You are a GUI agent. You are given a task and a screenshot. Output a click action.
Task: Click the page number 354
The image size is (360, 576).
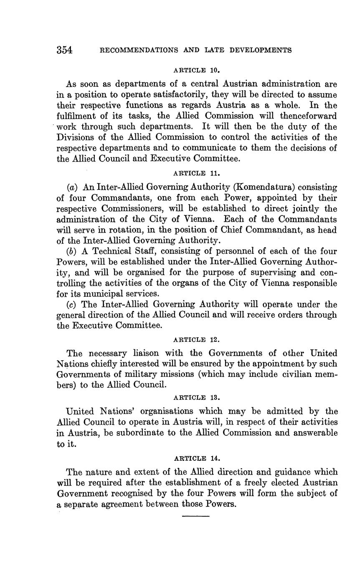(65, 50)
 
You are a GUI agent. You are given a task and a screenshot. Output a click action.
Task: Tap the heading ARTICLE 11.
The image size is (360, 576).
(196, 173)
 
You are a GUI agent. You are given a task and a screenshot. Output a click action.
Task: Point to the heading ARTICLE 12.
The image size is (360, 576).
(196, 340)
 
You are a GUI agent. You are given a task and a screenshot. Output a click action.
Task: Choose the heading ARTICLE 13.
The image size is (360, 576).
(196, 397)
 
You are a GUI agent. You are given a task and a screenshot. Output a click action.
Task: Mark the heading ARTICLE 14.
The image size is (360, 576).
(196, 458)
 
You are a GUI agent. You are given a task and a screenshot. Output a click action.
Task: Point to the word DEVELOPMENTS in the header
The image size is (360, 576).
(259, 51)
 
